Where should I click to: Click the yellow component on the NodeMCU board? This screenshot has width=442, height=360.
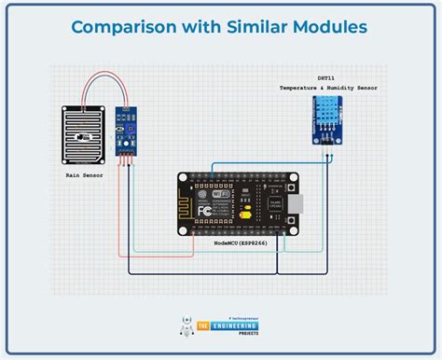click(x=244, y=215)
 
